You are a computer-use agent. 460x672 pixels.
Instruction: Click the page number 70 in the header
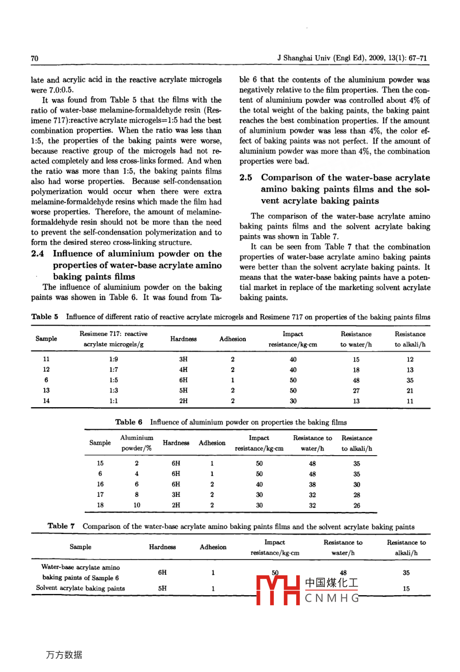click(x=35, y=59)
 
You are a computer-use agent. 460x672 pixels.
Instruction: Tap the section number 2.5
click(x=246, y=178)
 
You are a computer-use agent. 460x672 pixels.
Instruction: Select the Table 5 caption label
click(x=45, y=317)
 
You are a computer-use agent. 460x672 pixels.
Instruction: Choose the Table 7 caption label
click(x=61, y=526)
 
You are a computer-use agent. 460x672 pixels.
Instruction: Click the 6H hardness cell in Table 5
click(x=183, y=380)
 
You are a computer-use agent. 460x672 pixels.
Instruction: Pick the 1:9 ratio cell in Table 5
click(x=113, y=359)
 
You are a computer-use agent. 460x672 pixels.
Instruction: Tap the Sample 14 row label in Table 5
click(x=46, y=401)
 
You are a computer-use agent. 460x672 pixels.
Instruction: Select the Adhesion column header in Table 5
click(x=233, y=339)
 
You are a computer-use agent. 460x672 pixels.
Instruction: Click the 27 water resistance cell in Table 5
click(x=356, y=390)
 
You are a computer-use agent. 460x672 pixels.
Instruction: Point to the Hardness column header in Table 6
click(x=176, y=443)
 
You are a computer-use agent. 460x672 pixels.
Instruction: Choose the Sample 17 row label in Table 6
click(x=100, y=494)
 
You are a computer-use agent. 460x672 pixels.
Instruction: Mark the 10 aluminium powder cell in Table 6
click(x=137, y=505)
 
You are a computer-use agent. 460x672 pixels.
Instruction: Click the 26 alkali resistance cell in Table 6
click(x=357, y=506)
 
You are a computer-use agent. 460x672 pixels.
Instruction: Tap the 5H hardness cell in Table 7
click(x=162, y=588)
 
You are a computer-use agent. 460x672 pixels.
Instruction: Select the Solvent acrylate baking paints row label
click(x=80, y=588)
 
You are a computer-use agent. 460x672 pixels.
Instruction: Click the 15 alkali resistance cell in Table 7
click(x=406, y=589)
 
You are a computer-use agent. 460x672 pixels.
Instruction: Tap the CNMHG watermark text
click(x=332, y=598)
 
